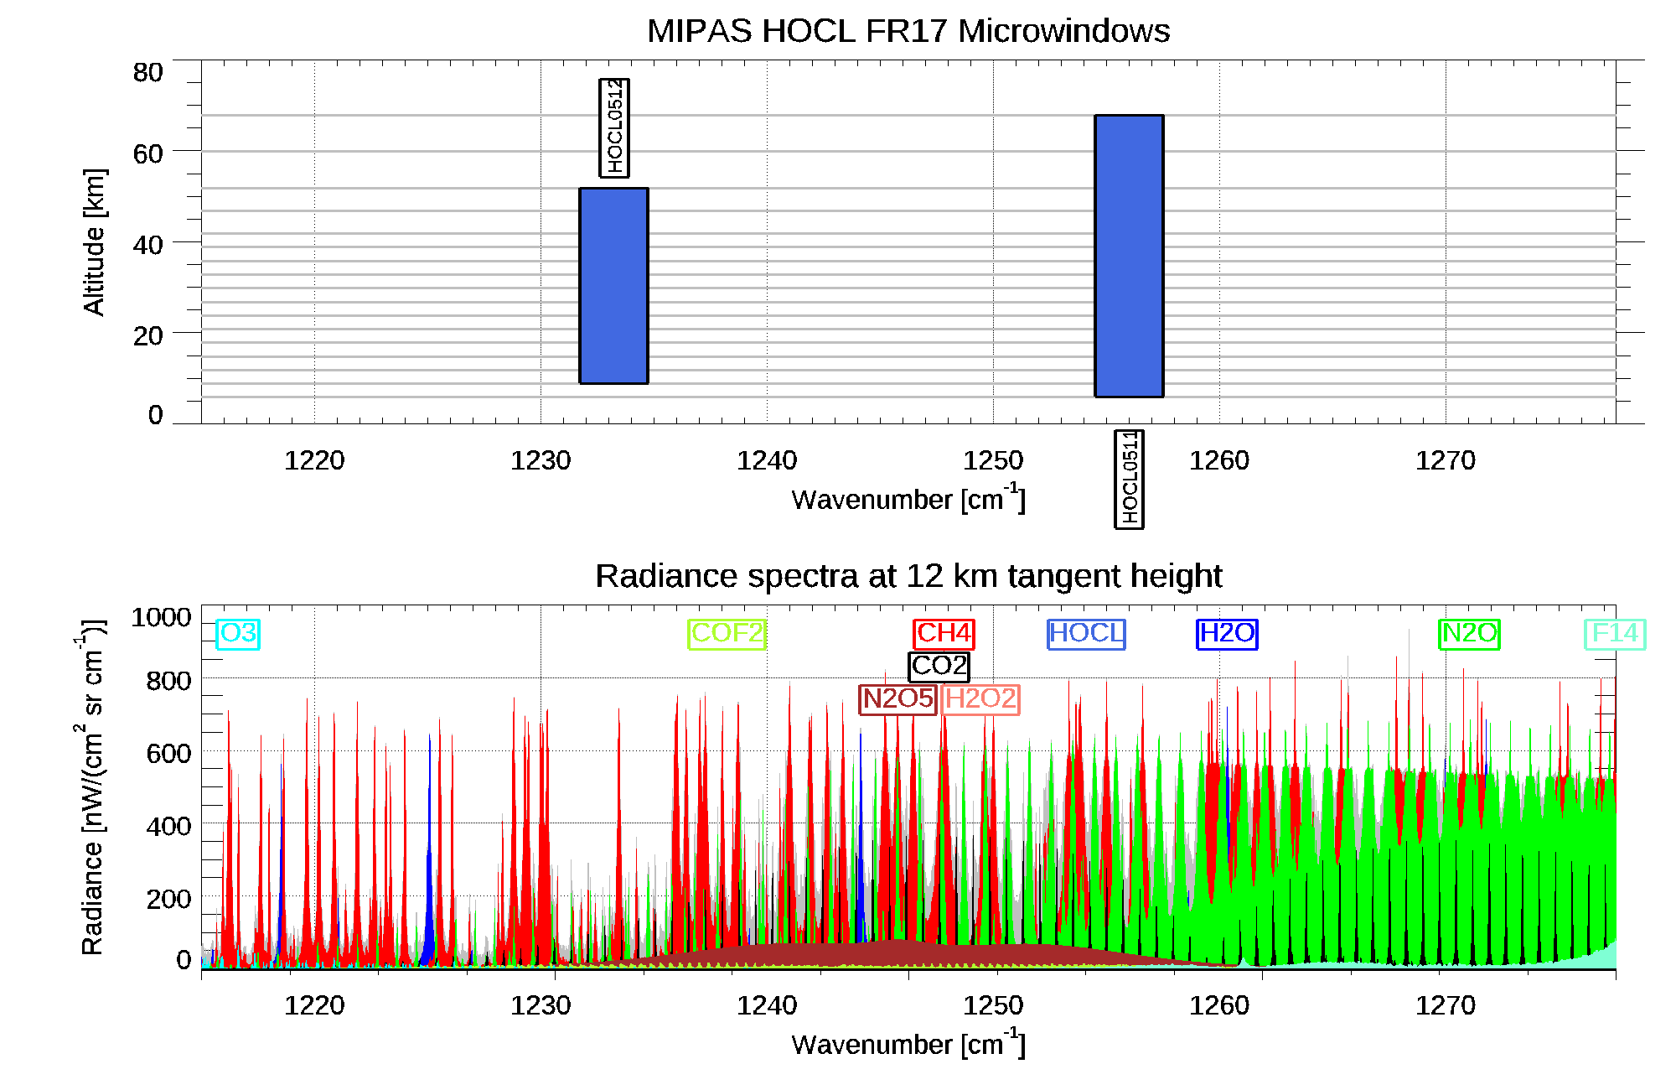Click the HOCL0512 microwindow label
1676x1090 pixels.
point(614,127)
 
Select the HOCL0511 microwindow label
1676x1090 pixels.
point(1129,479)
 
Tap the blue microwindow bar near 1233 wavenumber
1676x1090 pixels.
point(613,285)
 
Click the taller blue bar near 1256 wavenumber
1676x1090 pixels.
point(1129,256)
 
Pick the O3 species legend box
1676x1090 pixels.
point(238,633)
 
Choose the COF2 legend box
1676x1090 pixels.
point(727,633)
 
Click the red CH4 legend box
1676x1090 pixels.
point(944,633)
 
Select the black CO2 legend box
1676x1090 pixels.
point(939,666)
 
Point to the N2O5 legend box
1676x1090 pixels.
point(897,698)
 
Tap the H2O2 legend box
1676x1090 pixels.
point(980,698)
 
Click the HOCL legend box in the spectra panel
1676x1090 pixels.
point(1086,633)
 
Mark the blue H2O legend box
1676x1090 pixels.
point(1227,633)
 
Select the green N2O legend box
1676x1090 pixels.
point(1469,633)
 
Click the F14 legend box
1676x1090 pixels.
point(1615,633)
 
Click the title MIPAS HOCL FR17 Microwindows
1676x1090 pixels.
point(908,31)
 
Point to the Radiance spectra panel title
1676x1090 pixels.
point(908,576)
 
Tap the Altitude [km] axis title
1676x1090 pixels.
point(94,241)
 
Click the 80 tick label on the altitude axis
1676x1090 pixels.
point(147,73)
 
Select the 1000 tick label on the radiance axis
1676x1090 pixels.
point(161,618)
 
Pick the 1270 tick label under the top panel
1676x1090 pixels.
point(1445,460)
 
